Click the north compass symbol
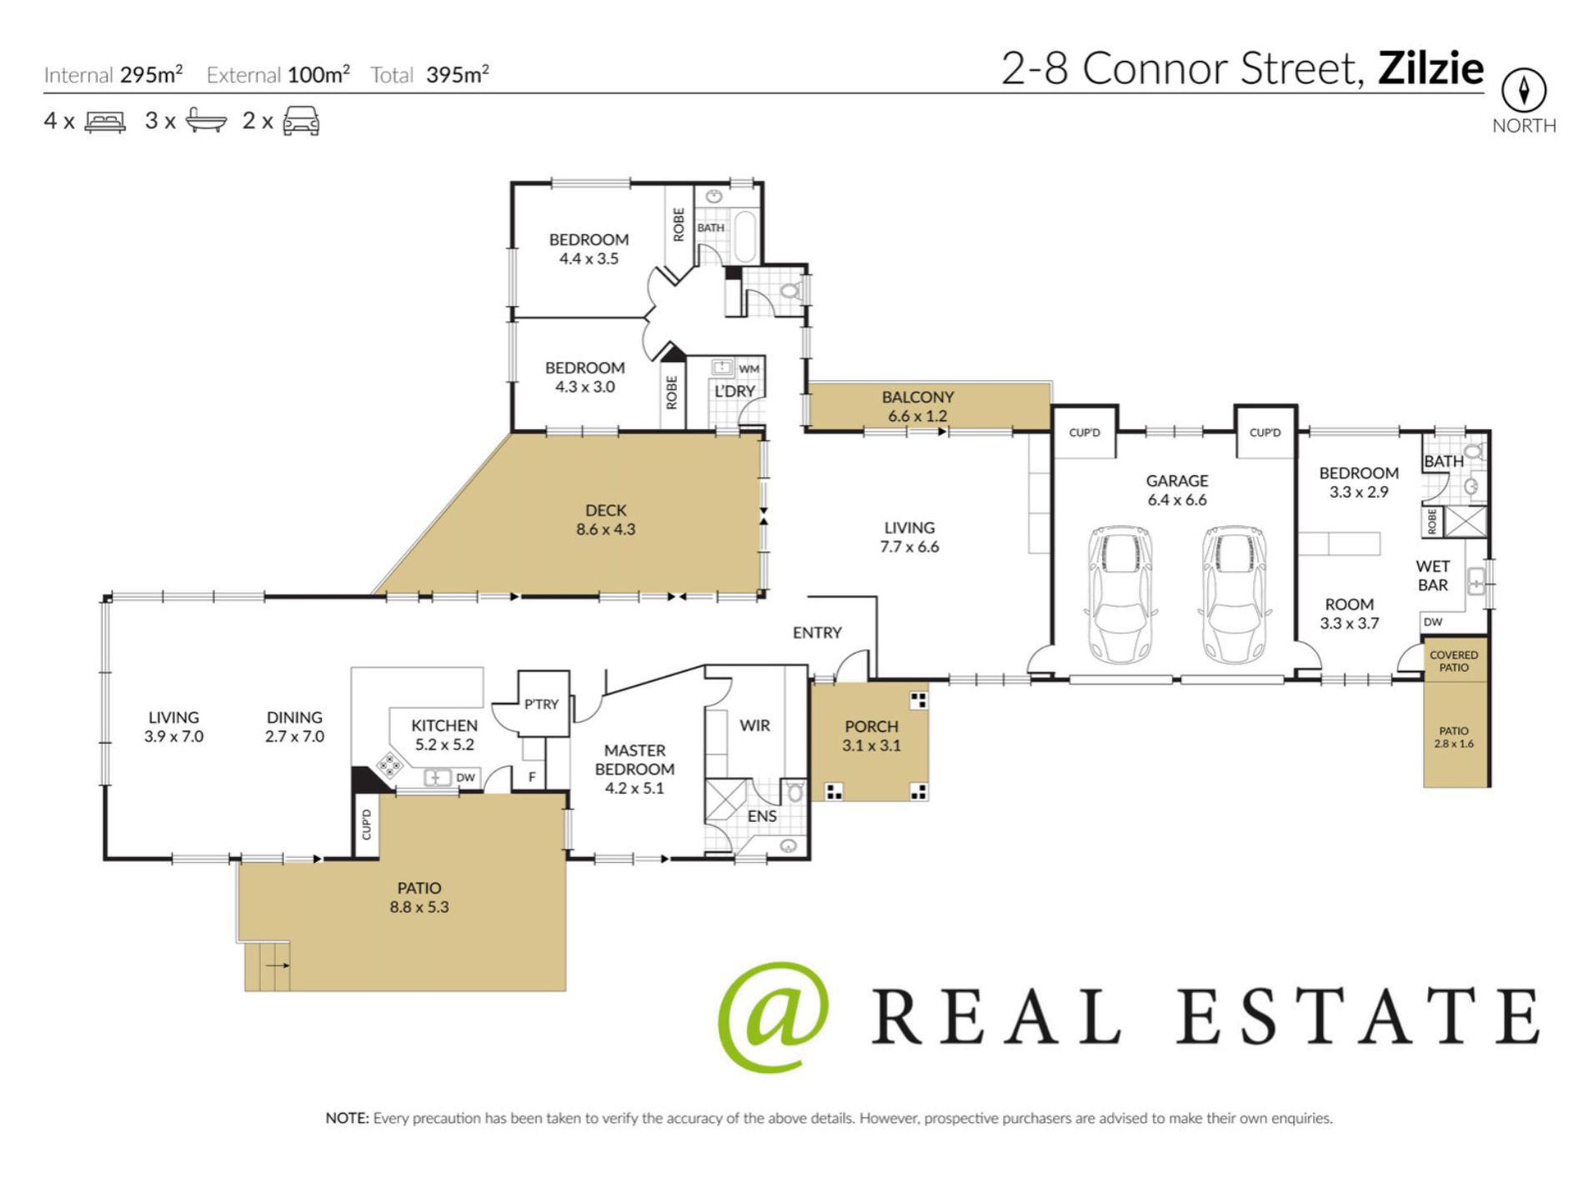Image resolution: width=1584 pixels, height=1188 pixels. point(1523,90)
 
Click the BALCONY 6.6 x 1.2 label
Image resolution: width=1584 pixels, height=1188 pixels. point(917,406)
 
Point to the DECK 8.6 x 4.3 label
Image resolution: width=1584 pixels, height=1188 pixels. point(605,519)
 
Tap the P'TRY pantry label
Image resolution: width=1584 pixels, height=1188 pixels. point(541,704)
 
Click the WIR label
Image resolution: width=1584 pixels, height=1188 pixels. point(754,725)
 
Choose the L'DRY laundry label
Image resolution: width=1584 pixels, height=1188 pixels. point(734,391)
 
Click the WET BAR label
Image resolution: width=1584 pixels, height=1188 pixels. point(1432,575)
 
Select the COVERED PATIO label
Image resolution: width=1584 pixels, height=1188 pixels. point(1453,661)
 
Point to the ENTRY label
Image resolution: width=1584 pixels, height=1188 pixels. point(817,633)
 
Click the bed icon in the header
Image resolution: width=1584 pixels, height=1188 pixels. point(105,122)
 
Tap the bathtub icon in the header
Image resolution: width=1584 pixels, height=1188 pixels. point(205,121)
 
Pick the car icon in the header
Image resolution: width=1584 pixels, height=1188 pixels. point(301,121)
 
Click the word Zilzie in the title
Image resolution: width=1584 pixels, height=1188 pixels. point(1431,68)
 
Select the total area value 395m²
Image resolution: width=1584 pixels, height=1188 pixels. point(457,75)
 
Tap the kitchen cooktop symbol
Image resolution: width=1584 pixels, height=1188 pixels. point(389,764)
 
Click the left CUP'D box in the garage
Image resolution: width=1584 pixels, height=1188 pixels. point(1084,432)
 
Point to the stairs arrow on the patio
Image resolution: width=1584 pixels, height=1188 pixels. point(278,965)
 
